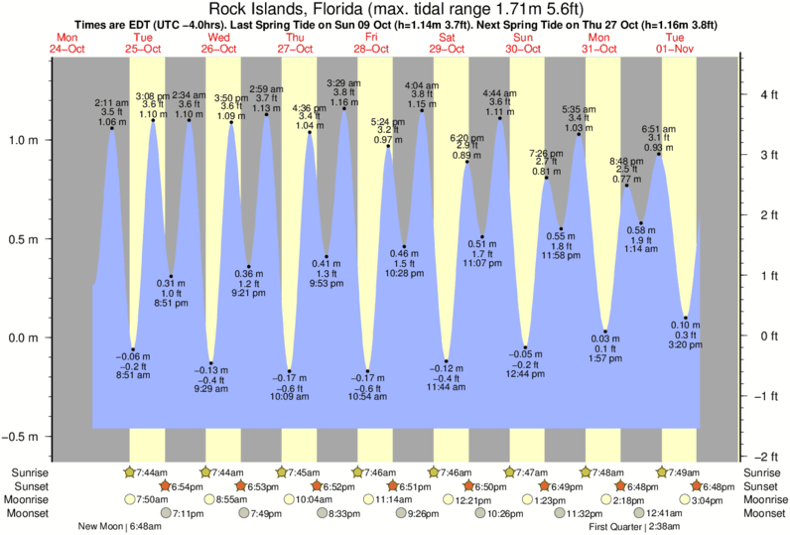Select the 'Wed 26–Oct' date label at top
pyautogui.click(x=220, y=44)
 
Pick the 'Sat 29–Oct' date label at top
pyautogui.click(x=448, y=44)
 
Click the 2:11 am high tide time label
pyautogui.click(x=110, y=103)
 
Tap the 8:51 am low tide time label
pyautogui.click(x=134, y=375)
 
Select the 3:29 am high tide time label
pyautogui.click(x=342, y=82)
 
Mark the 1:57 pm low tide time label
pyautogui.click(x=605, y=358)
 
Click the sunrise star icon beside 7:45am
pyautogui.click(x=282, y=472)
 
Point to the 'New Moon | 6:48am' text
pyautogui.click(x=117, y=527)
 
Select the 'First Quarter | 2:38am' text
pyautogui.click(x=636, y=527)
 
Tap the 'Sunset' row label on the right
pyautogui.click(x=762, y=486)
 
